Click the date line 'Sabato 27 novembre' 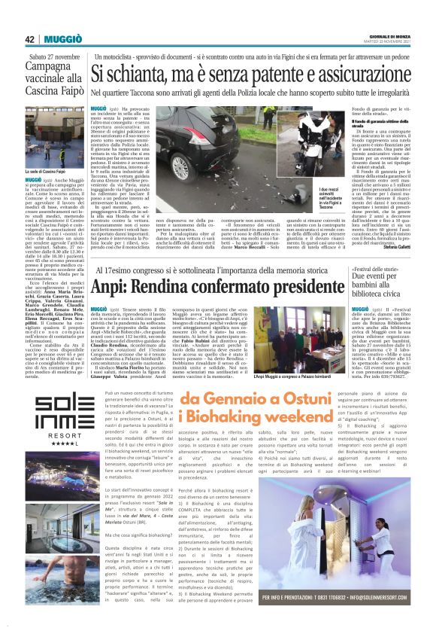(53, 56)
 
